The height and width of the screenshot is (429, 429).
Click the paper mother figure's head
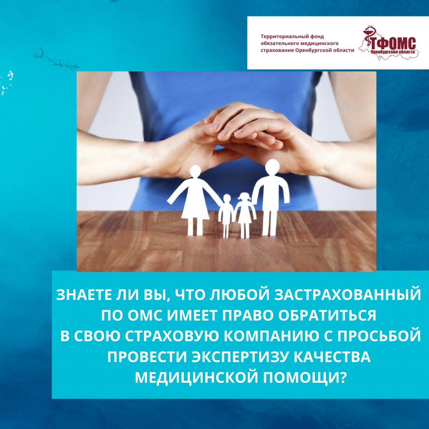click(x=195, y=171)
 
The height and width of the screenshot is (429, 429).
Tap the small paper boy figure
click(x=226, y=216)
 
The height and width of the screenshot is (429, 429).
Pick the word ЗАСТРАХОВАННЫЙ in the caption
click(x=347, y=295)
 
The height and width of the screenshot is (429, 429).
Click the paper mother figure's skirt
click(x=195, y=207)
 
